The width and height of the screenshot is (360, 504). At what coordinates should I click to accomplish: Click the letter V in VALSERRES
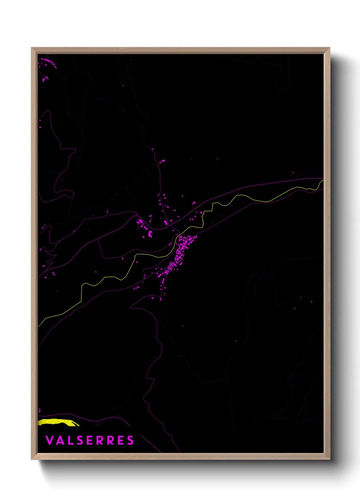click(x=49, y=440)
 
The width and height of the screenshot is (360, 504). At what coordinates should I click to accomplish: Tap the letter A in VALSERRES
click(x=60, y=440)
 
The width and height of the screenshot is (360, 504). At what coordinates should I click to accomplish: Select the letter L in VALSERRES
click(x=70, y=440)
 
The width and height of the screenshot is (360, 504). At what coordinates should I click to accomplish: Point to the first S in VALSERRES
click(x=80, y=440)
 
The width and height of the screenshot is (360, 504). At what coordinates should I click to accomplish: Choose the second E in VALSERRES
click(x=120, y=440)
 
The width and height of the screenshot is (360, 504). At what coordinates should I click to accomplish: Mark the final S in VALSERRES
click(x=130, y=440)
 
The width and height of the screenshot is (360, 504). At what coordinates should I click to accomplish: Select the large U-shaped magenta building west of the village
click(x=150, y=234)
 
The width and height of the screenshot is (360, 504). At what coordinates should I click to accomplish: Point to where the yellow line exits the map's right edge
click(x=322, y=181)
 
